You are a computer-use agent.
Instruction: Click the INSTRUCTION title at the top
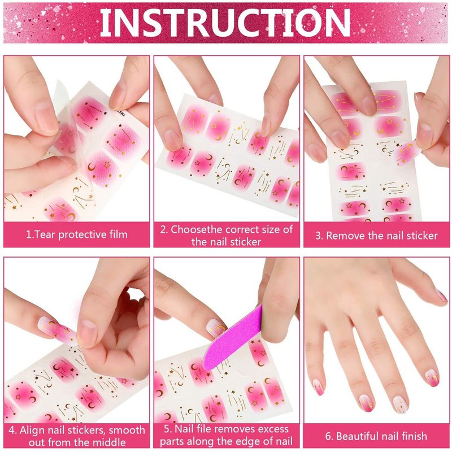[225, 23]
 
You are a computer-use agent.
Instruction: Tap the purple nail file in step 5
[233, 339]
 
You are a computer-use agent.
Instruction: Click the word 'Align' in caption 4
[32, 430]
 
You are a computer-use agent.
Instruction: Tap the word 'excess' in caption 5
[273, 429]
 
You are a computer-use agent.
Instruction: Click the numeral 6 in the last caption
[328, 436]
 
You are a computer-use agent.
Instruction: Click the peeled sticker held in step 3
[407, 152]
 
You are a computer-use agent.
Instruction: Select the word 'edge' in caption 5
[247, 442]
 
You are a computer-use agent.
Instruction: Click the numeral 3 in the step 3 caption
[318, 236]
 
